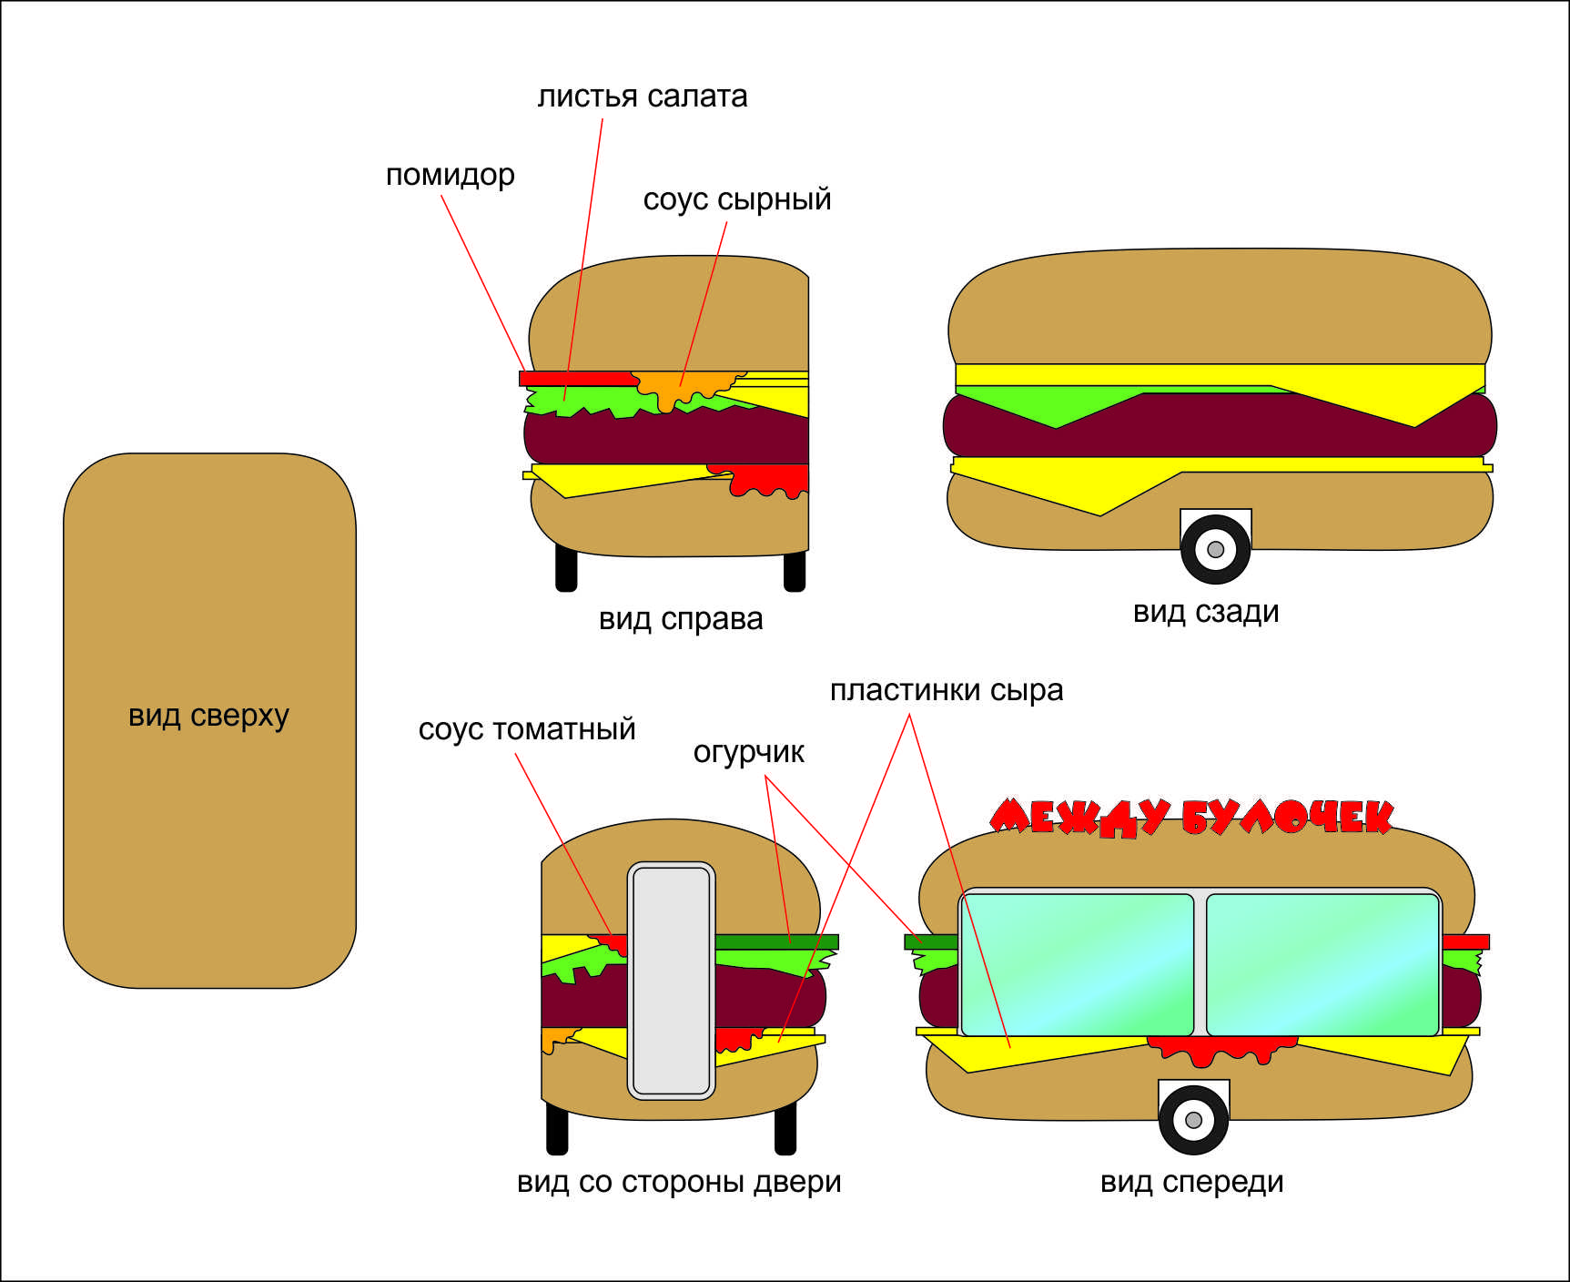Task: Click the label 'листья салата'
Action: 642,97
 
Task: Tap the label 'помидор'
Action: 450,175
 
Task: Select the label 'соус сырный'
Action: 736,199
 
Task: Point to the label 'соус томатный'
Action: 526,729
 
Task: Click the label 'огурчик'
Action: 748,752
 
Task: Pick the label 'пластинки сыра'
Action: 946,690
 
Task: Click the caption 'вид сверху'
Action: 208,716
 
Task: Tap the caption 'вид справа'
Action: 680,619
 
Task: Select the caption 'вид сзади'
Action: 1205,612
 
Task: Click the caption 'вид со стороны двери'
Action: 678,1182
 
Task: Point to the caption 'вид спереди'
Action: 1191,1182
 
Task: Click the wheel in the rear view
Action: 1215,549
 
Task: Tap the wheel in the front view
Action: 1193,1119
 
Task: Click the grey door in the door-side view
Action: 671,980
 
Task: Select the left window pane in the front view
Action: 1077,964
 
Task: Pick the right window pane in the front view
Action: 1322,964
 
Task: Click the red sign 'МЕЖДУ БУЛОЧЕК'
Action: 1190,818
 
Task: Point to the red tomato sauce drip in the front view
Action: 1220,1050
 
